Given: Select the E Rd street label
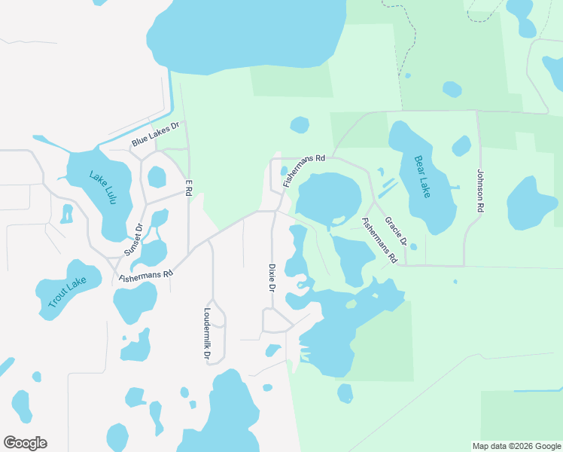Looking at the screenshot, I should point(190,188).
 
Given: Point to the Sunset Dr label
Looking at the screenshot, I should point(133,240).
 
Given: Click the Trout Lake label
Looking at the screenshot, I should point(68,292).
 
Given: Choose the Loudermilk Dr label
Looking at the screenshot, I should point(207,332).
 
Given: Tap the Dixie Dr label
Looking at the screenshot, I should point(272,278).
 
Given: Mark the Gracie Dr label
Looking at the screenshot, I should point(396,232).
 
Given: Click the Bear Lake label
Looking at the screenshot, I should point(422,176).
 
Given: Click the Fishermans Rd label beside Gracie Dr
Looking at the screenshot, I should point(379,240).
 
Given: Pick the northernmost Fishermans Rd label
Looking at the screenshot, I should point(304,171).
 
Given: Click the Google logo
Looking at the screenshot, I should point(25,443).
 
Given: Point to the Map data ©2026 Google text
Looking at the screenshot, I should point(516,446).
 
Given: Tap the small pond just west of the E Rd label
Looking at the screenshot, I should point(157,177).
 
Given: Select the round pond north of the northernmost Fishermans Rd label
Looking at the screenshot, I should point(300,124).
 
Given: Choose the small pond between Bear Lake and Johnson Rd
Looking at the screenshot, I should point(461,145).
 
